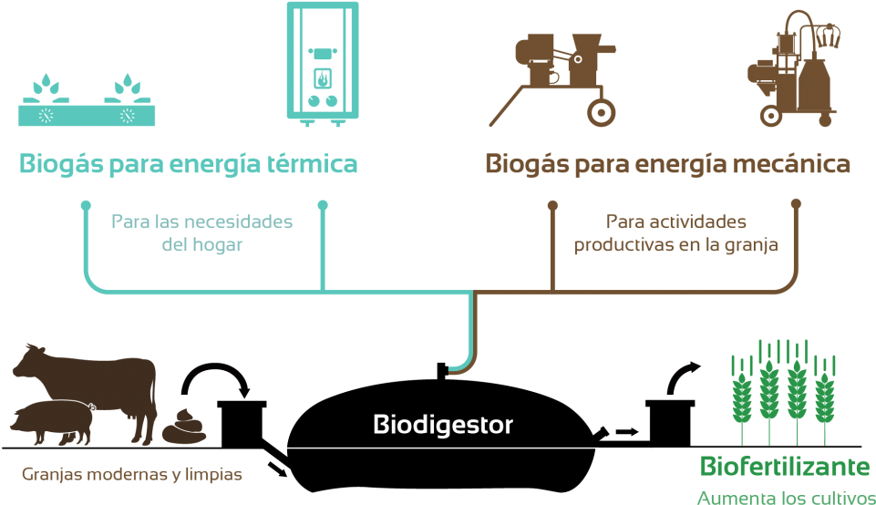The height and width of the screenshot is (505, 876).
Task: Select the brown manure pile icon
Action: [x=187, y=427]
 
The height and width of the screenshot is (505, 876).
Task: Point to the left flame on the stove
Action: [x=45, y=89]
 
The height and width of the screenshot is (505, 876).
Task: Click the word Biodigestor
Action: [x=443, y=425]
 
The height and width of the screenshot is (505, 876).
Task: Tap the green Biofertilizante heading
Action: [x=784, y=467]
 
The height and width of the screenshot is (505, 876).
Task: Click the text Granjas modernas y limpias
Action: [x=132, y=475]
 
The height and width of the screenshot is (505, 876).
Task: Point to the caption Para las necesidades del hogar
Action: [x=201, y=233]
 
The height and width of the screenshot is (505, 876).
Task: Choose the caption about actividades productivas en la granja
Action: [x=675, y=233]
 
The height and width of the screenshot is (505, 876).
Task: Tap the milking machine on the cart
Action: [x=793, y=73]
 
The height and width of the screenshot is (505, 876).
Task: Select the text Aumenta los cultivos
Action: [x=783, y=498]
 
